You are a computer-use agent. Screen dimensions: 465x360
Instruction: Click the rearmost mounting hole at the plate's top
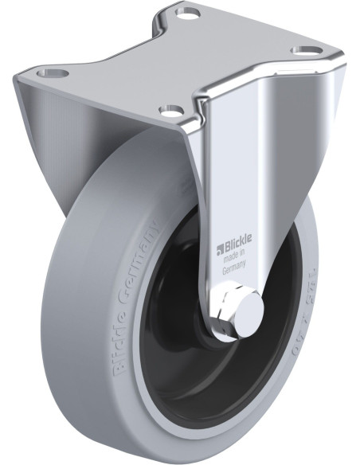(x=190, y=14)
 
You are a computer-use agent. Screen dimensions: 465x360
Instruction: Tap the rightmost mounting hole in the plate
(x=303, y=51)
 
